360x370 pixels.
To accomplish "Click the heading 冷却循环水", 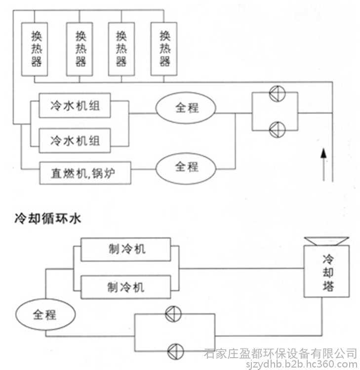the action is coord(48,219).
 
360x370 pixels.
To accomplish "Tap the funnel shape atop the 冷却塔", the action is coord(326,241).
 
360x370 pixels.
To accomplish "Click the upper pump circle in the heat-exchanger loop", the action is coord(278,93).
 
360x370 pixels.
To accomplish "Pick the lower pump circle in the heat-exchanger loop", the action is coord(278,130).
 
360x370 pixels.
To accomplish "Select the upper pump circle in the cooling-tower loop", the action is coord(173,314).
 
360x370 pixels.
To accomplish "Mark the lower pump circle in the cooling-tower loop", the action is coord(175,351).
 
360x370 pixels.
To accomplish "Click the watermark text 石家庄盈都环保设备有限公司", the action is coord(280,354).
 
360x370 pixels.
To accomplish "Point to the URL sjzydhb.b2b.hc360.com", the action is coord(301,365).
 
